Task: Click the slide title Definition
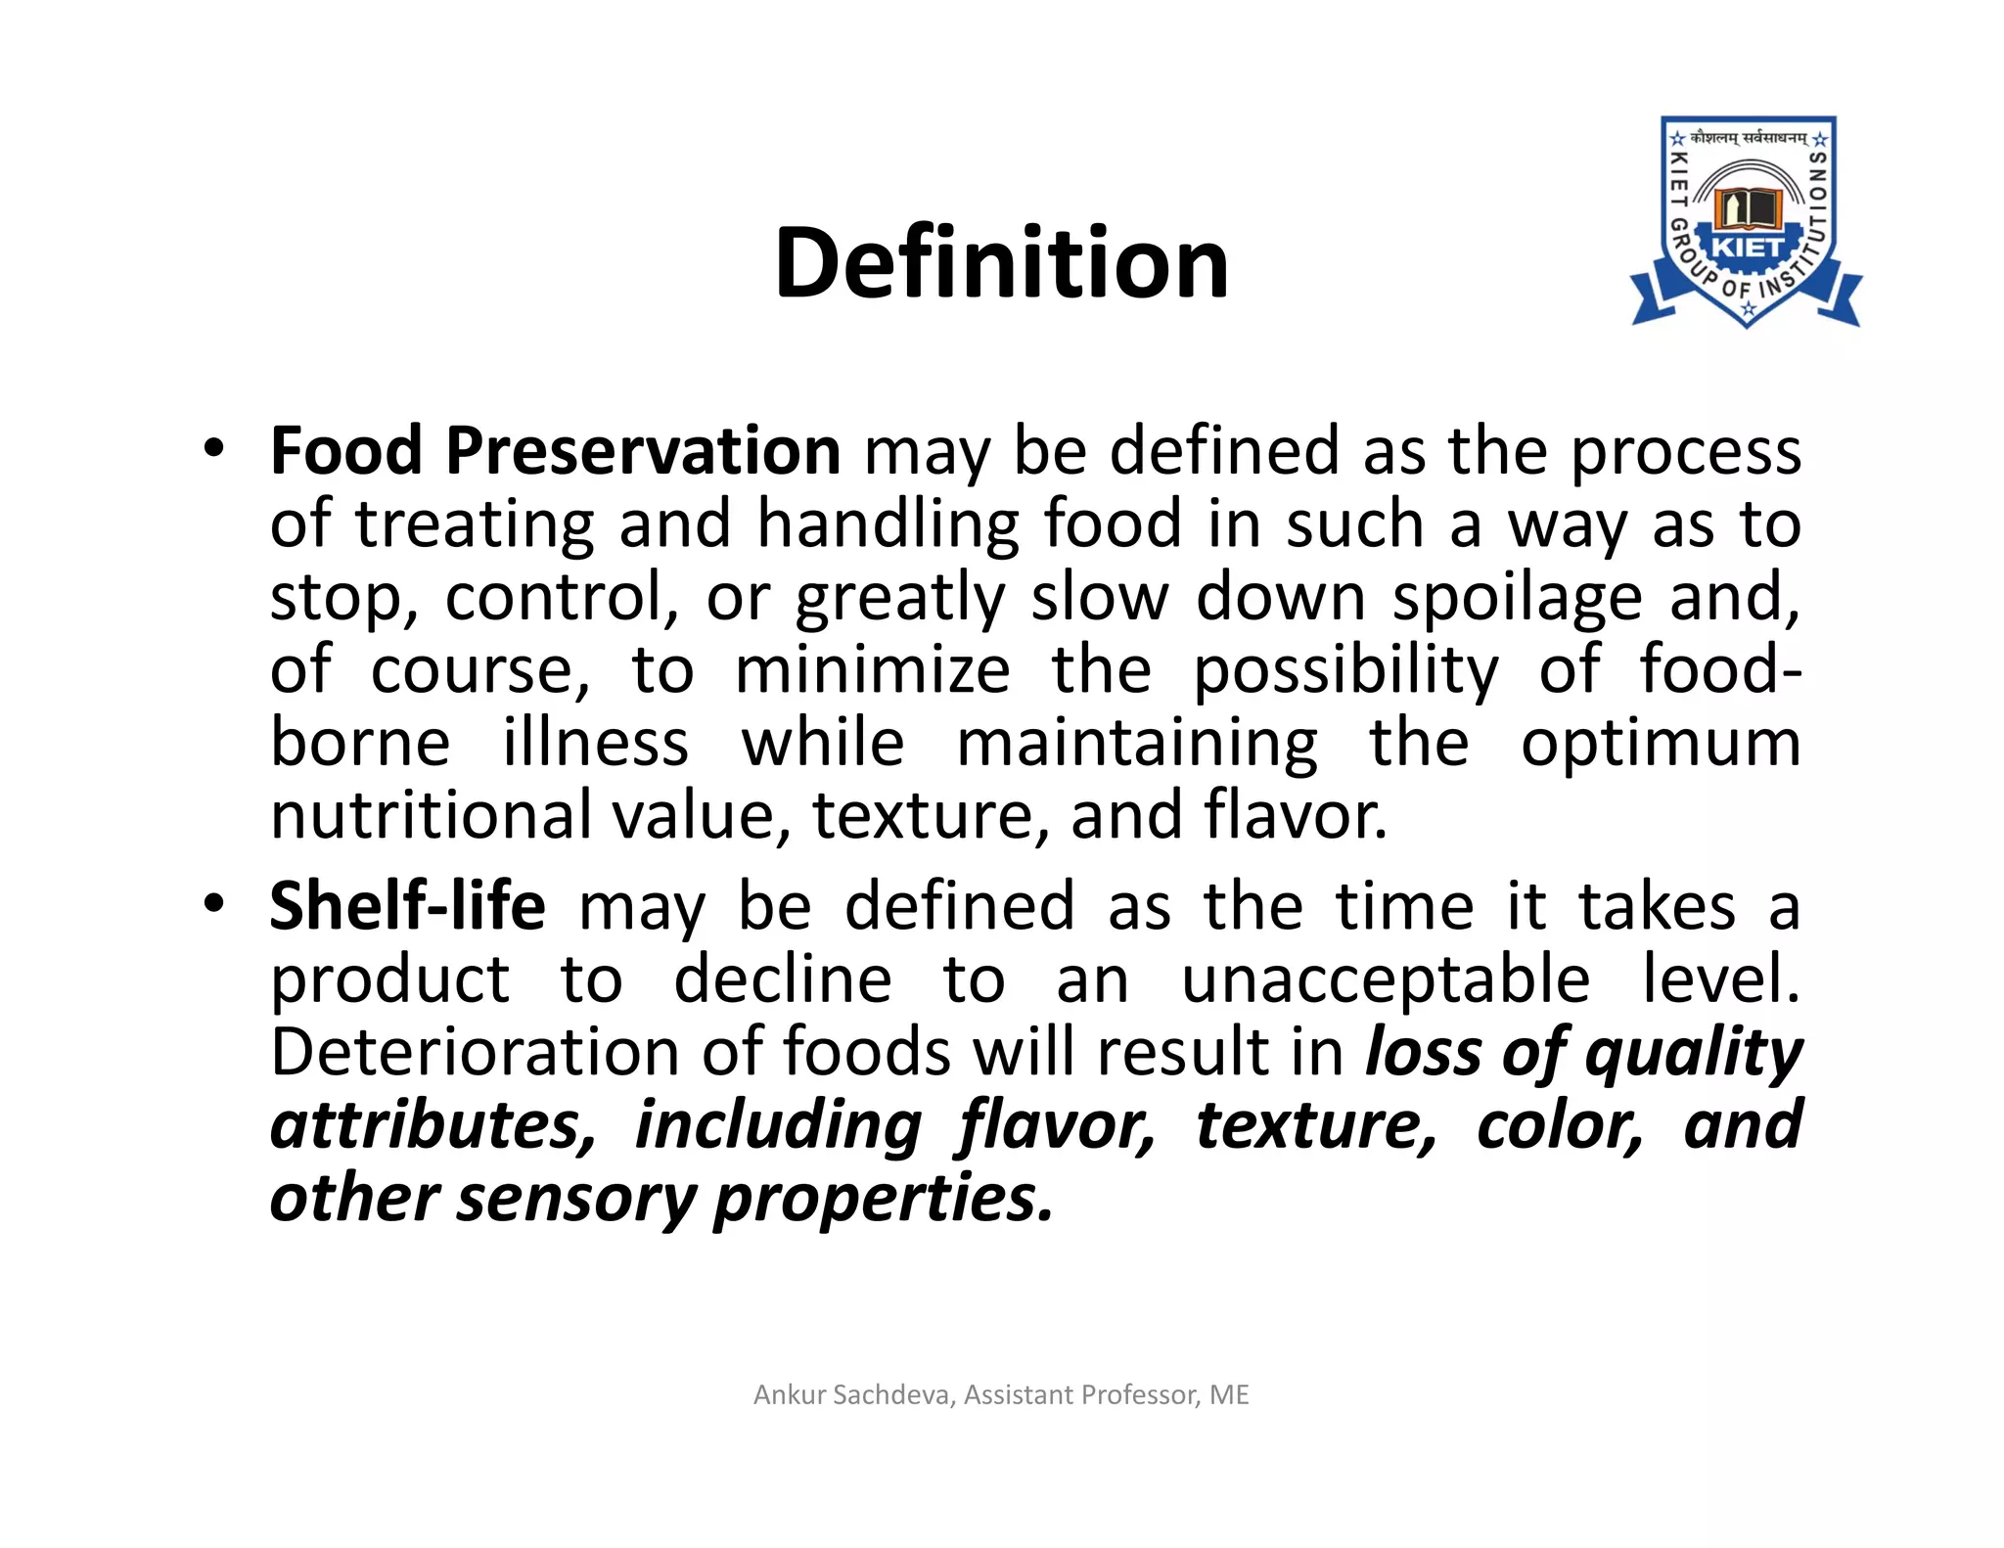(x=1001, y=263)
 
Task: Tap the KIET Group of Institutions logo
(x=1747, y=223)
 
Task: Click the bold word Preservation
(x=643, y=451)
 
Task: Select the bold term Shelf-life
(x=407, y=906)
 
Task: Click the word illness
(x=596, y=743)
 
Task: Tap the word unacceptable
(x=1386, y=979)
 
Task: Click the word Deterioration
(x=475, y=1053)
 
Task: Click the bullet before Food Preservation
(x=214, y=449)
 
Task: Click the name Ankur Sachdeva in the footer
(x=853, y=1394)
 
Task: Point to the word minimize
(x=872, y=671)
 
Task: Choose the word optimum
(x=1661, y=743)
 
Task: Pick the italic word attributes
(x=433, y=1126)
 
